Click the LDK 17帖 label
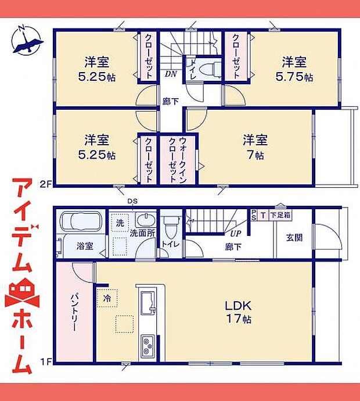tap(238, 312)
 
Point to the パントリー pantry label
tap(75, 310)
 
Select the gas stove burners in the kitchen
tap(147, 346)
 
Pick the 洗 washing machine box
tap(119, 224)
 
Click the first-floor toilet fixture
tap(170, 223)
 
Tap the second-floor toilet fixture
tap(207, 69)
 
